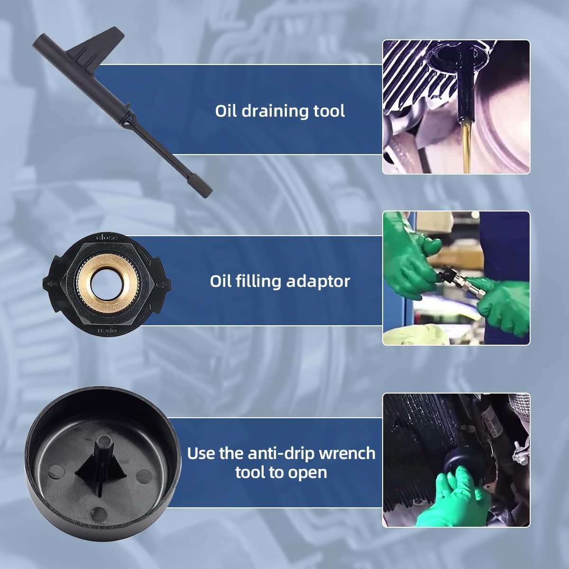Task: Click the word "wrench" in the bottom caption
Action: [348, 453]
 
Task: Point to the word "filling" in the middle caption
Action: [259, 281]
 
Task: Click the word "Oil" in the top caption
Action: [226, 111]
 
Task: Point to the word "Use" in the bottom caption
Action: [201, 453]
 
